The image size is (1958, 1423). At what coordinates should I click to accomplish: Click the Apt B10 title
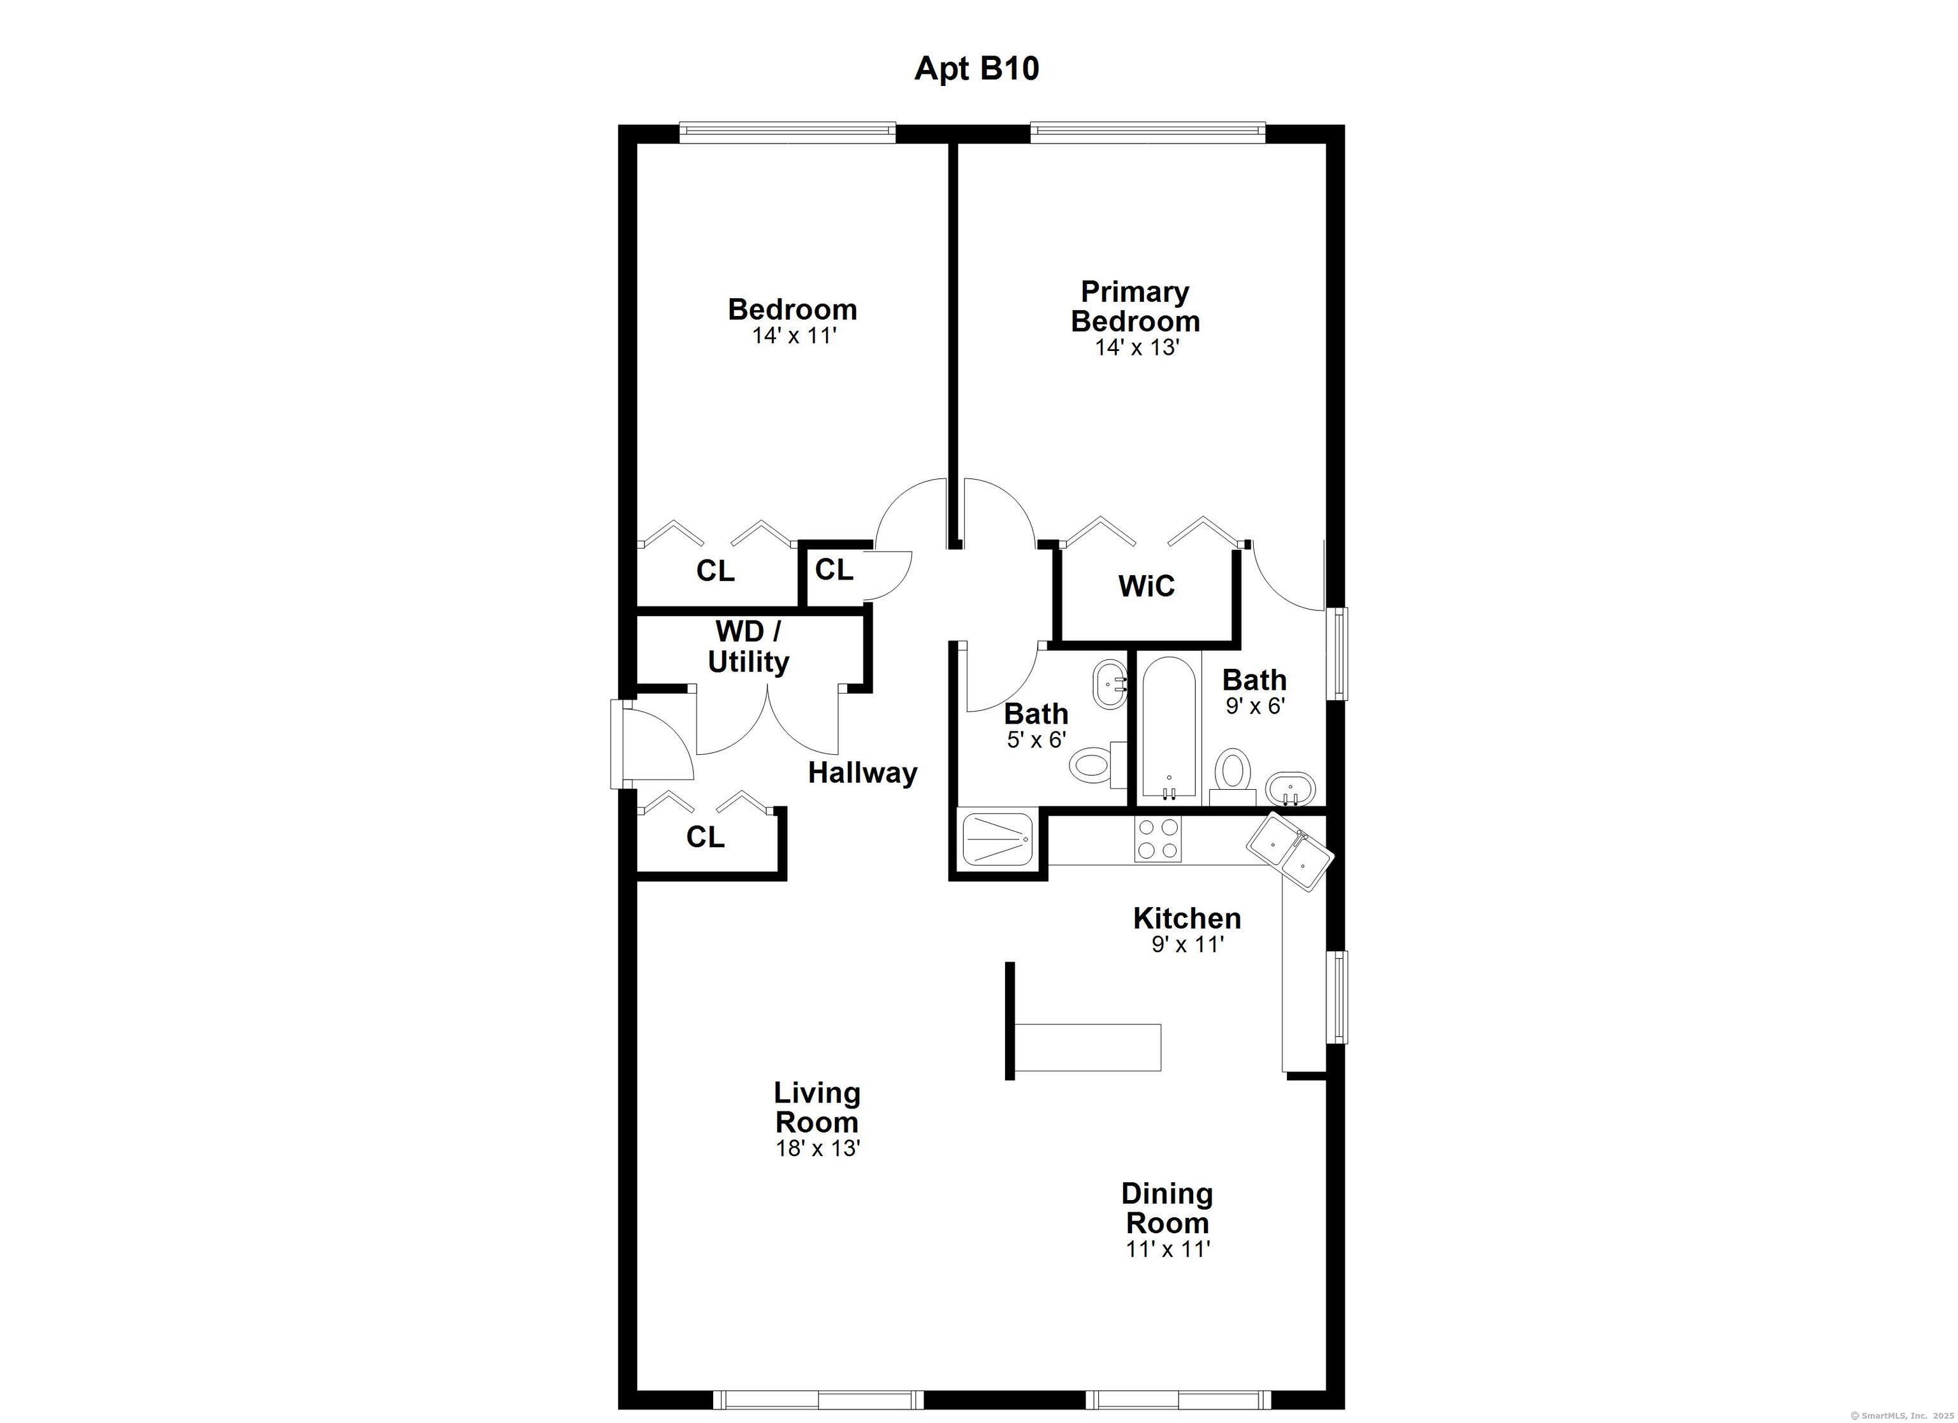point(976,69)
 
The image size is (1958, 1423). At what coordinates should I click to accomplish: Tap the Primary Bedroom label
point(1135,306)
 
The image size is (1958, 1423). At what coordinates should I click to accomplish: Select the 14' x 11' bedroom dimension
point(794,336)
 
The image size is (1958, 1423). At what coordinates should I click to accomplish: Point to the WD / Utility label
point(748,647)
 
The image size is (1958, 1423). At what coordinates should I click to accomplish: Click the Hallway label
point(862,773)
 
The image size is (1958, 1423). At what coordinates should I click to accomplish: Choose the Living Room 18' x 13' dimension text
point(818,1148)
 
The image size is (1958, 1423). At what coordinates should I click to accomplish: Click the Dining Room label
point(1167,1208)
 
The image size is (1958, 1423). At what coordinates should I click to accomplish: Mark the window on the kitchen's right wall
point(1337,997)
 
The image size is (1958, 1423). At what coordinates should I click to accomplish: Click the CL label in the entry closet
point(706,837)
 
